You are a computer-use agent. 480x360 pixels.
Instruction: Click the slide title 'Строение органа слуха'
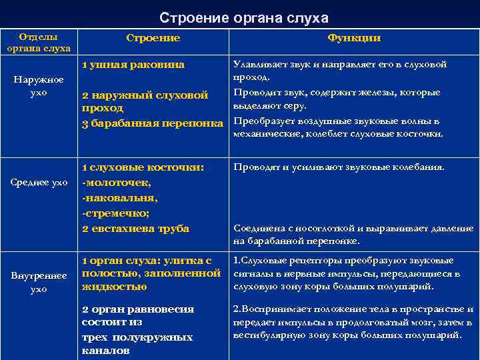click(x=244, y=17)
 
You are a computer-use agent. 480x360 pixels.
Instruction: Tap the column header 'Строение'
click(x=153, y=38)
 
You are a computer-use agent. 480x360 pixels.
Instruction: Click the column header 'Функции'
click(x=353, y=38)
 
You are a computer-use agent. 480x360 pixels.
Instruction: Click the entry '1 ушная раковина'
click(x=133, y=65)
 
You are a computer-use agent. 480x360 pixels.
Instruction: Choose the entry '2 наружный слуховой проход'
click(x=145, y=101)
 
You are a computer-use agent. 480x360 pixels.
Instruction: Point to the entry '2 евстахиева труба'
click(x=135, y=229)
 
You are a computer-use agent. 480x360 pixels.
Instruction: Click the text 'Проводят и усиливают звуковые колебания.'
click(x=338, y=167)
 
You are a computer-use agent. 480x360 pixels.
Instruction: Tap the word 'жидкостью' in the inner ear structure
click(x=114, y=287)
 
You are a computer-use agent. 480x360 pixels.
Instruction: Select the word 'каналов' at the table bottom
click(x=105, y=350)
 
